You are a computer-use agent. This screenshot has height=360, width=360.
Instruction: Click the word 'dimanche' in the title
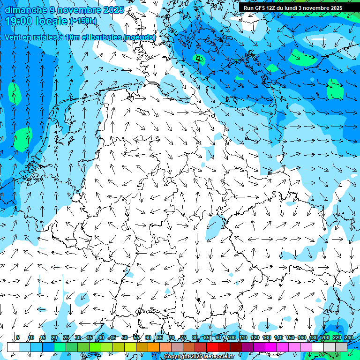click(x=26, y=10)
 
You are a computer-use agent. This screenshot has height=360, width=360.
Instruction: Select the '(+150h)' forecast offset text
click(x=83, y=21)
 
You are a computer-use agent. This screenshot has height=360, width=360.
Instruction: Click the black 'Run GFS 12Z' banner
click(x=292, y=8)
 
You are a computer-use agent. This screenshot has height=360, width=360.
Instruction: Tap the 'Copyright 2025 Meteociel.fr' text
click(x=199, y=357)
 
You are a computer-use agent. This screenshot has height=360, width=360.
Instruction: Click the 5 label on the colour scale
click(x=18, y=337)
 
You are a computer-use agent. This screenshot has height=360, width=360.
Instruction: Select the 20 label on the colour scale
click(x=54, y=337)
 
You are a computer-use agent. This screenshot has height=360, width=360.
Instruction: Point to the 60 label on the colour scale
click(x=148, y=337)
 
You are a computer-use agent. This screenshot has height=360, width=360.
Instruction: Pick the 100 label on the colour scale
click(x=232, y=337)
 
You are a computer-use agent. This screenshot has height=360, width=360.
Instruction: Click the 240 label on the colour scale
click(x=349, y=337)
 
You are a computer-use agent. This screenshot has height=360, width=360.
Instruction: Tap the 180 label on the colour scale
click(x=314, y=337)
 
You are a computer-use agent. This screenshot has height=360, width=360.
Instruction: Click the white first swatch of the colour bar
click(x=13, y=347)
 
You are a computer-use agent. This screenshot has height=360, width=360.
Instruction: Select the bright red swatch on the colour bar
click(x=212, y=347)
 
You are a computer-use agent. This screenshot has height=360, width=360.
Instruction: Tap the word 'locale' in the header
click(x=52, y=21)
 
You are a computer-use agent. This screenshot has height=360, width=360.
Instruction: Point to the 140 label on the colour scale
click(x=278, y=337)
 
